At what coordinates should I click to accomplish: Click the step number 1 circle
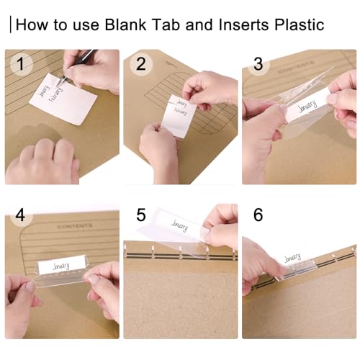click(22, 65)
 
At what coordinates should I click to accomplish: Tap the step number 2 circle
click(141, 65)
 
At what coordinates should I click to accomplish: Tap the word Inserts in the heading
click(233, 24)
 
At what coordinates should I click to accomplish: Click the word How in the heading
click(30, 24)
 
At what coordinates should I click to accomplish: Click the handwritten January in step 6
click(292, 257)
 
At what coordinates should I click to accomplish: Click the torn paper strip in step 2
click(178, 114)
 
